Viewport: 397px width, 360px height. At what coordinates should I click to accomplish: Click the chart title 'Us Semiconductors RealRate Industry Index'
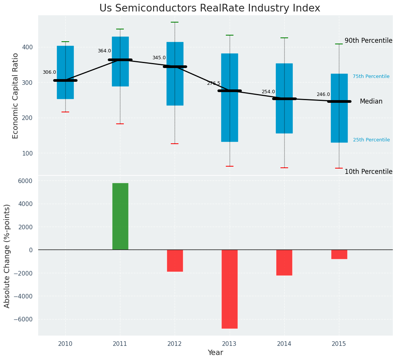click(209, 8)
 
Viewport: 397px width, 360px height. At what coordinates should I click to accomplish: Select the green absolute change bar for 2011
click(120, 216)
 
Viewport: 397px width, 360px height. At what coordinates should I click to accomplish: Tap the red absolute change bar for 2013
click(230, 289)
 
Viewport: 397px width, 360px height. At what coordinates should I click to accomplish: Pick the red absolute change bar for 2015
click(339, 254)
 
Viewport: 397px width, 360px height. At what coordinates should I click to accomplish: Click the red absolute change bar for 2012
click(175, 261)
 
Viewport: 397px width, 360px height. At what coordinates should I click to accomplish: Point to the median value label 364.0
click(104, 51)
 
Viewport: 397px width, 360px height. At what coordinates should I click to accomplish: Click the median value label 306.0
click(49, 72)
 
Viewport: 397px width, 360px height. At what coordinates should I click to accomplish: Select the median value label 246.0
click(323, 94)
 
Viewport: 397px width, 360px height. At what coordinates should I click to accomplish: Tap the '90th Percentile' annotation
click(368, 41)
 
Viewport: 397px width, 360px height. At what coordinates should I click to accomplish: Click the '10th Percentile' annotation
click(368, 172)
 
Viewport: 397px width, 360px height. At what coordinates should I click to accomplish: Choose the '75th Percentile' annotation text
click(371, 76)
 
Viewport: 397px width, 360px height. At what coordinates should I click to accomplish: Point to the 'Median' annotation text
click(371, 101)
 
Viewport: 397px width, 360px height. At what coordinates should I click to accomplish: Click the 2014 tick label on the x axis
click(284, 344)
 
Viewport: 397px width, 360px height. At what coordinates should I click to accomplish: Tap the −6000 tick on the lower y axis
click(23, 319)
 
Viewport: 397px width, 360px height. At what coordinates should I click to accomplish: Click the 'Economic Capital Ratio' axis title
click(16, 96)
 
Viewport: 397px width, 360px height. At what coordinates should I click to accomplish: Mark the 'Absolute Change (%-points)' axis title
click(7, 256)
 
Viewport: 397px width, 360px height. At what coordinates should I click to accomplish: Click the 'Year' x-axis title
click(215, 353)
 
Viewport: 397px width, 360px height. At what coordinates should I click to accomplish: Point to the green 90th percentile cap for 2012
click(175, 22)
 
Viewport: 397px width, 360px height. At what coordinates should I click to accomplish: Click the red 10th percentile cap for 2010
click(65, 112)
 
